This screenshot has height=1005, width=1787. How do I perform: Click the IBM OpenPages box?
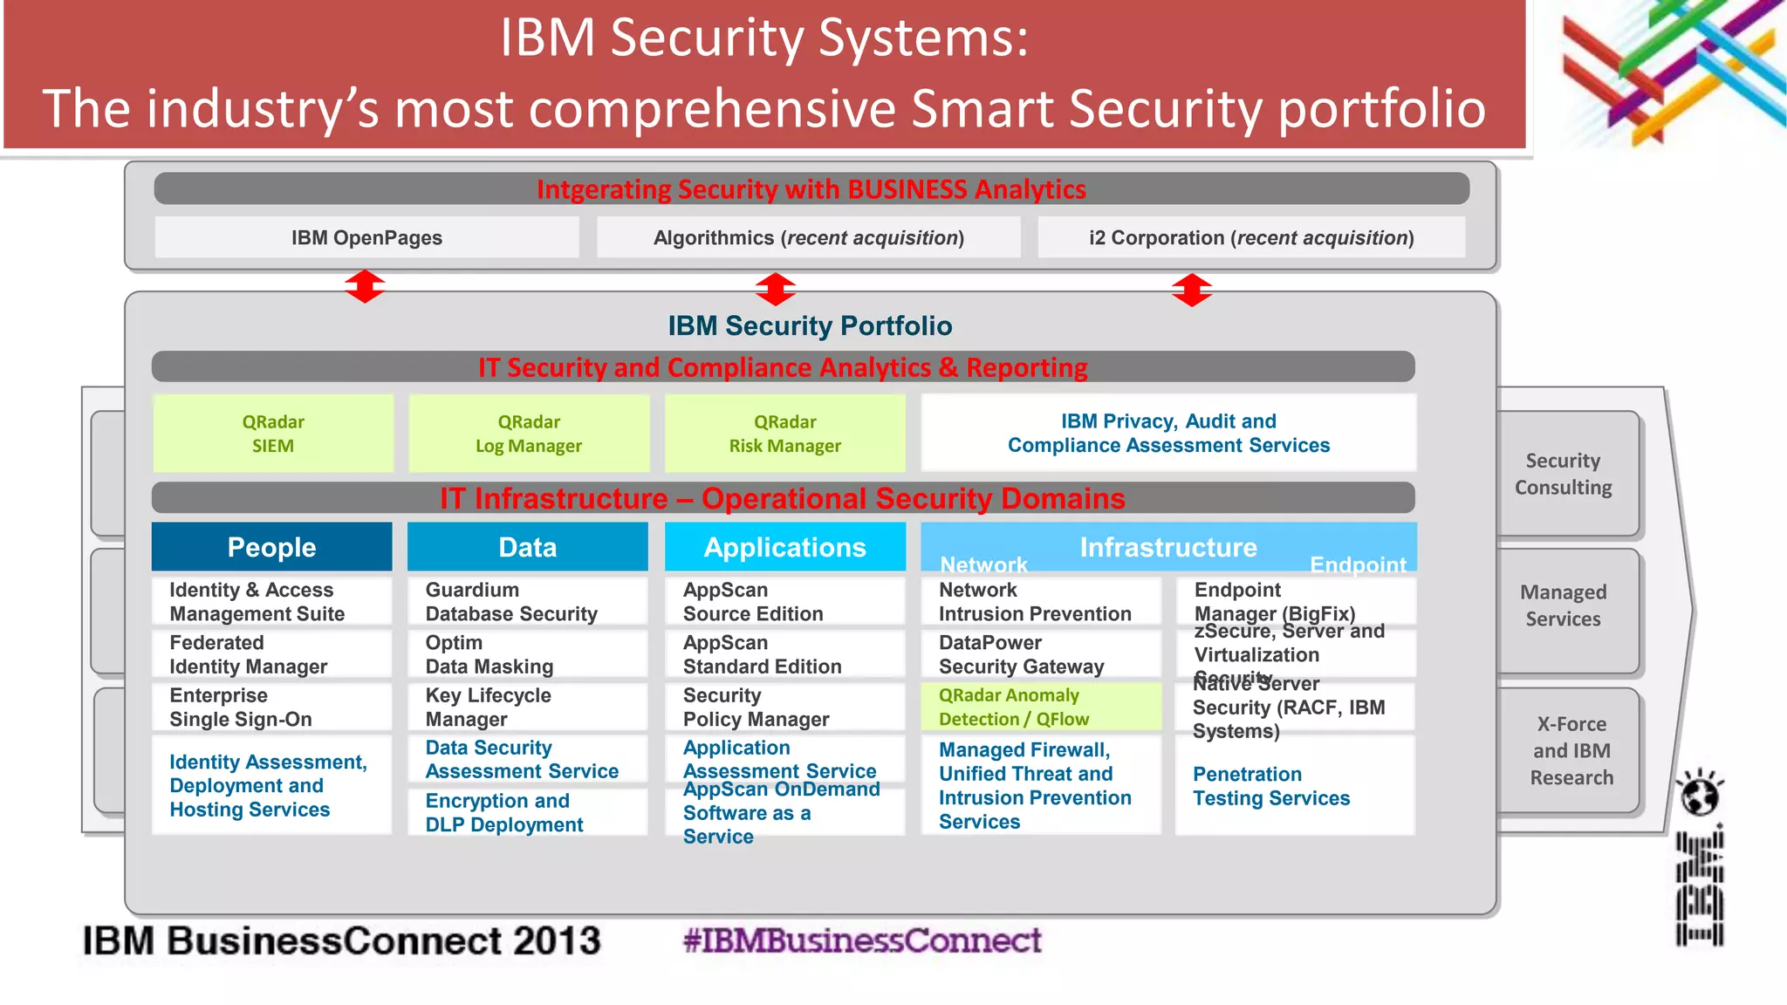pyautogui.click(x=366, y=237)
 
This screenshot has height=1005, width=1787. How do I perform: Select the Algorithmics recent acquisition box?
pyautogui.click(x=808, y=237)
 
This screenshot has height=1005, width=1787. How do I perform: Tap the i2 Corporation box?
pyautogui.click(x=1250, y=237)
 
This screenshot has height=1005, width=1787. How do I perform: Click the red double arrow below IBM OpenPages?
pyautogui.click(x=365, y=286)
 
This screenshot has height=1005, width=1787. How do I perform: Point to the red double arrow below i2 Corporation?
pyautogui.click(x=1192, y=290)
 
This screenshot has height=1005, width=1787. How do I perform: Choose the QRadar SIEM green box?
pyautogui.click(x=273, y=434)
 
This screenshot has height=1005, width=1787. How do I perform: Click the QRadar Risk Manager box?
pyautogui.click(x=784, y=434)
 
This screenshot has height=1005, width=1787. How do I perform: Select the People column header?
pyautogui.click(x=271, y=547)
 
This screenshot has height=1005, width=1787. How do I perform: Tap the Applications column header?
pyautogui.click(x=784, y=547)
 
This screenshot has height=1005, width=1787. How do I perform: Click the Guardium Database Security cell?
pyautogui.click(x=527, y=602)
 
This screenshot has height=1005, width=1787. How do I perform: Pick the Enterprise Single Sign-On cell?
pyautogui.click(x=271, y=707)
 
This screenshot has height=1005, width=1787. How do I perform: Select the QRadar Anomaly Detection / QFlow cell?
pyautogui.click(x=1040, y=707)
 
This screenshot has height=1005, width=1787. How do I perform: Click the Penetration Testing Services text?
pyautogui.click(x=1270, y=786)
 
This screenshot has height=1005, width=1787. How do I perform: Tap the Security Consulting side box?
pyautogui.click(x=1563, y=474)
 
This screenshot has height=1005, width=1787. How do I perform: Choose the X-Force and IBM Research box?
pyautogui.click(x=1571, y=750)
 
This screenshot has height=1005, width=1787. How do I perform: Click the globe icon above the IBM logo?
pyautogui.click(x=1699, y=793)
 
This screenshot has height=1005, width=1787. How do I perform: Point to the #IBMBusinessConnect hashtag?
pyautogui.click(x=861, y=940)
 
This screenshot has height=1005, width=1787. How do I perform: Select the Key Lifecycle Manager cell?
pyautogui.click(x=527, y=707)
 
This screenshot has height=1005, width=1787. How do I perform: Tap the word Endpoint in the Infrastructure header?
pyautogui.click(x=1357, y=564)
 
